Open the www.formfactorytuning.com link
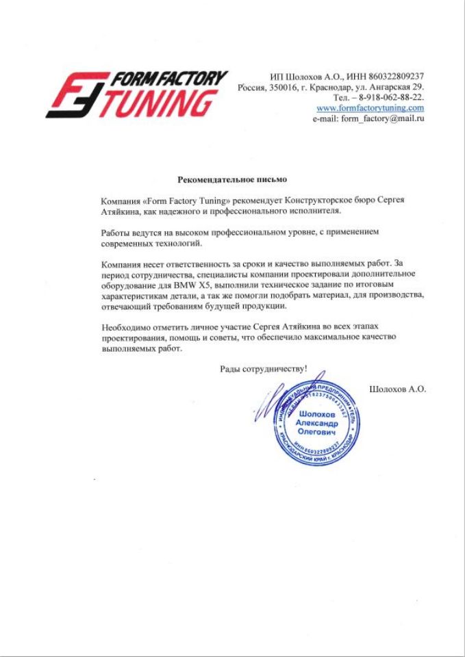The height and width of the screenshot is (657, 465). pos(370,108)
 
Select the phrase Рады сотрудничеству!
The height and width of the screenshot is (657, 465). pos(263,369)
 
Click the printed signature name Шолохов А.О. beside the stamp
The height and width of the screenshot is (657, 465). pos(397,389)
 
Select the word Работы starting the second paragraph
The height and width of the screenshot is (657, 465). pos(115,232)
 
